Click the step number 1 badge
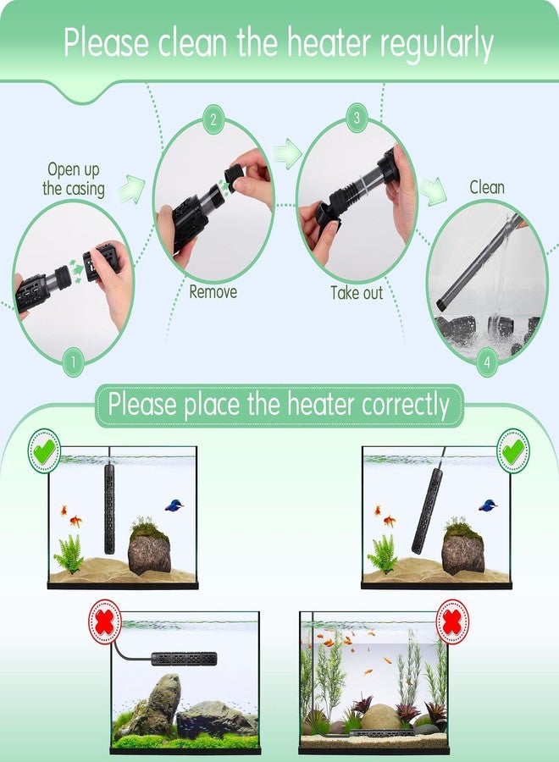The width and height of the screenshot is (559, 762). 73,362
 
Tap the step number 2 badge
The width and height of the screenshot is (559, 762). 213,119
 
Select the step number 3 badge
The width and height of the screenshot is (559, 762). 356,119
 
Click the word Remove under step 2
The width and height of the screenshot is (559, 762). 213,292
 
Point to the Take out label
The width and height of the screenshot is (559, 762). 356,293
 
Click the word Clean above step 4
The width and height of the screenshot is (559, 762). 487,187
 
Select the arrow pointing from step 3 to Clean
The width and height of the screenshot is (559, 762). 433,191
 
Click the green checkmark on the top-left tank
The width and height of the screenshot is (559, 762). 44,450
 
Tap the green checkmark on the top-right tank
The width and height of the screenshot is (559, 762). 512,450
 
